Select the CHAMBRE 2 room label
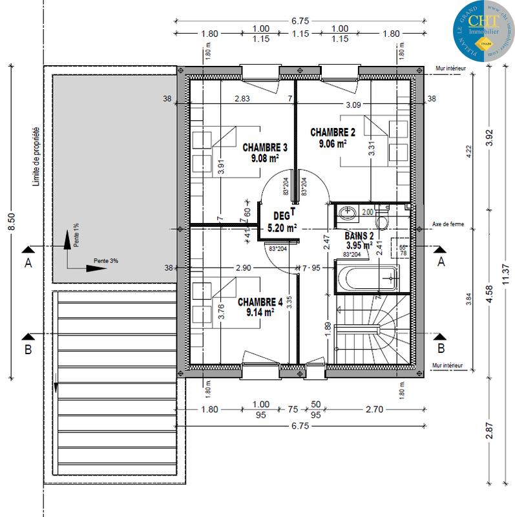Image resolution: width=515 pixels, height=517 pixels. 333,132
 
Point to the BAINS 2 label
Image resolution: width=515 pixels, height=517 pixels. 359,236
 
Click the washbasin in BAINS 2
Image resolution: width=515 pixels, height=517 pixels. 347,212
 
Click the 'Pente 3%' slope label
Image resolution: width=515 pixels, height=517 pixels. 106,260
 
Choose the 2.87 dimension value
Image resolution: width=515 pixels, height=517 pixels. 490,430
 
